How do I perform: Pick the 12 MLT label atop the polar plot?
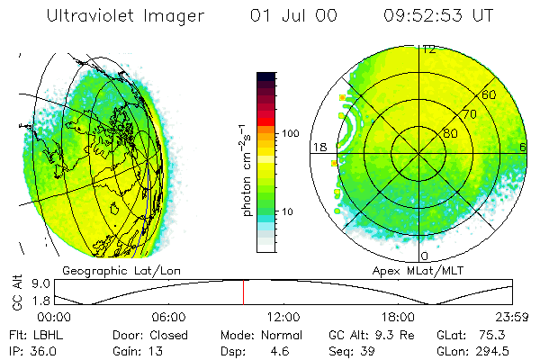tap(429, 49)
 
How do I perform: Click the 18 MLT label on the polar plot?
tap(319, 147)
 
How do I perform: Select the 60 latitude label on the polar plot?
tap(490, 94)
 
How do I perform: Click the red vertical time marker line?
tap(243, 292)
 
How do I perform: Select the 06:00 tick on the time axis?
tap(168, 317)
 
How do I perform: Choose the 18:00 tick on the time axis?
tap(398, 317)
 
